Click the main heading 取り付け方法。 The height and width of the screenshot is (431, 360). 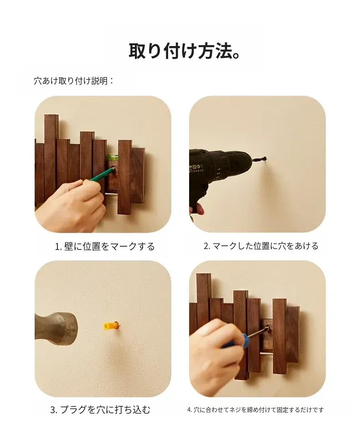pos(185,51)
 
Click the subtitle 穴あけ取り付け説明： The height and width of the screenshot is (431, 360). pos(73,81)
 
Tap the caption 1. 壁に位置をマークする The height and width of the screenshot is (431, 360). pos(105,246)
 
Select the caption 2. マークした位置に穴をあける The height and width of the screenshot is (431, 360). pos(261,246)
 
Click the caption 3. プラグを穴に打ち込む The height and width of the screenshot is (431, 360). pos(100,410)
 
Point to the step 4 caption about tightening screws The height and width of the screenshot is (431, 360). pos(255,410)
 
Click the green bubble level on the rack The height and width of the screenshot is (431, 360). pos(112,157)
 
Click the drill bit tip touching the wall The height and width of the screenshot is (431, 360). pos(265,159)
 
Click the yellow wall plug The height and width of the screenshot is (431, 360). pos(111,326)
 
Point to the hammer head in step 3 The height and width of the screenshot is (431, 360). pos(56,328)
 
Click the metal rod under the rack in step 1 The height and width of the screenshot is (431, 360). pos(112,194)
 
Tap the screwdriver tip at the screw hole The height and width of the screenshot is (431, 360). pos(268,327)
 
